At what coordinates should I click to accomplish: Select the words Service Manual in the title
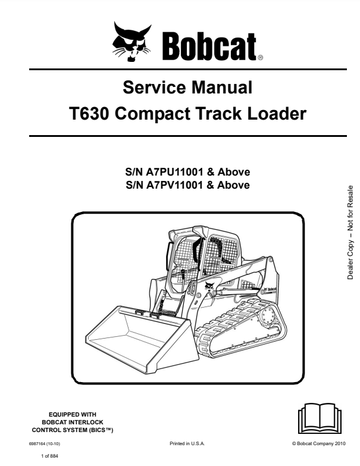[187, 89]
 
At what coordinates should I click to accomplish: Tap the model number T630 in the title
[89, 113]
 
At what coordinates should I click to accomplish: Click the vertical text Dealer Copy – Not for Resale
[351, 239]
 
